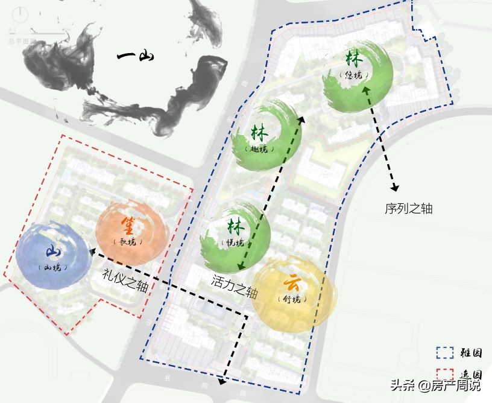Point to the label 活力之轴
pyautogui.click(x=235, y=287)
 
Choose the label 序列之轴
pyautogui.click(x=409, y=209)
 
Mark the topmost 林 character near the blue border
pyautogui.click(x=354, y=59)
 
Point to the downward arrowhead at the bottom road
pyautogui.click(x=222, y=380)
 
